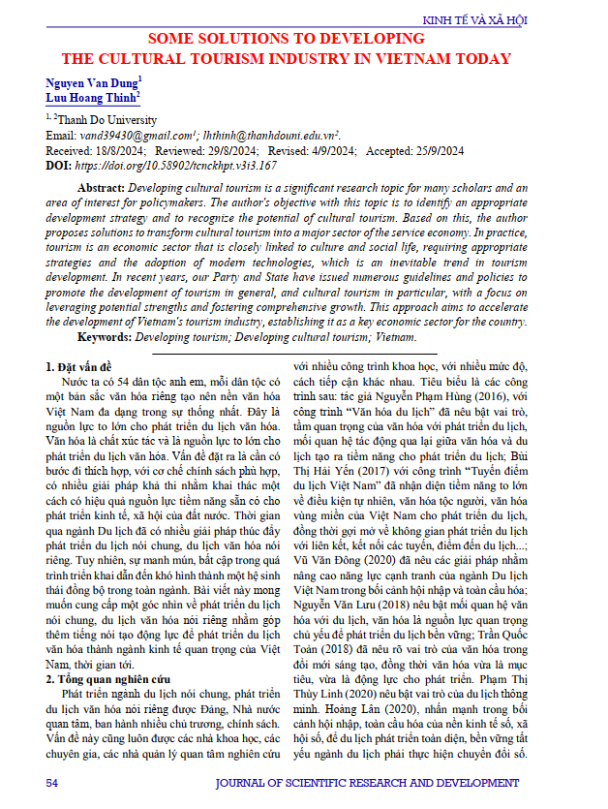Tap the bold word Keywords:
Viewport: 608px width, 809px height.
(105, 338)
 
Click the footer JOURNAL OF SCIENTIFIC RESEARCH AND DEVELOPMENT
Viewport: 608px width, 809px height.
(388, 781)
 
